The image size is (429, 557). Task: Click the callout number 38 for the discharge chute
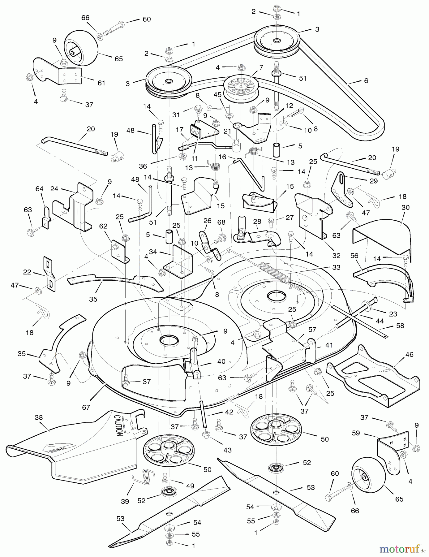click(38, 417)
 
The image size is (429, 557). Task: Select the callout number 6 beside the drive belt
click(366, 81)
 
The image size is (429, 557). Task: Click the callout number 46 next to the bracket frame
click(409, 355)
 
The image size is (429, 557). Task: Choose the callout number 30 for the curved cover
click(405, 207)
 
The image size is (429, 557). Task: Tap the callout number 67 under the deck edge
click(86, 407)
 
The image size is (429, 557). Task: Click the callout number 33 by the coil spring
click(336, 267)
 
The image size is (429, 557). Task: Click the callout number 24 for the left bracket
click(54, 189)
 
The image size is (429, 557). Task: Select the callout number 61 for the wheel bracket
click(101, 83)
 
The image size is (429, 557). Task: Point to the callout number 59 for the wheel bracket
click(356, 433)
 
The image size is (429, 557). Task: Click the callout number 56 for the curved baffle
click(354, 255)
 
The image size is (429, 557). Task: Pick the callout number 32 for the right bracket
click(336, 256)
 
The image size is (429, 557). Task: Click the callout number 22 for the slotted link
click(27, 272)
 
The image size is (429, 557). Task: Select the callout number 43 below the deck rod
click(227, 450)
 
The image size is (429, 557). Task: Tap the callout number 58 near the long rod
click(400, 326)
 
